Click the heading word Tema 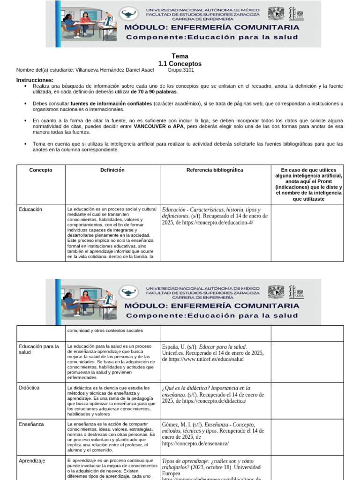tap(180, 56)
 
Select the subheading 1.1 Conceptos tap(180, 64)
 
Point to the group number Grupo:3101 tap(180, 70)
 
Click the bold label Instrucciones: tap(35, 80)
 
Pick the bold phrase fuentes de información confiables tap(111, 103)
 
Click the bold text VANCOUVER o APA tap(158, 127)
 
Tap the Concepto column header tap(41, 170)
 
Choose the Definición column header tap(112, 170)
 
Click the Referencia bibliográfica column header tap(215, 170)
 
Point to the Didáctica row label tap(29, 388)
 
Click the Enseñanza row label tap(31, 424)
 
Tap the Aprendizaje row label tap(32, 461)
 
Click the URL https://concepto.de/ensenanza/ tap(195, 443)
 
